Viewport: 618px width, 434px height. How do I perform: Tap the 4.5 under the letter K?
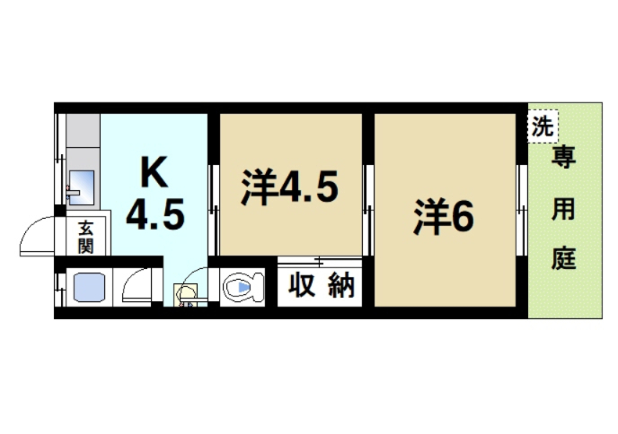click(155, 215)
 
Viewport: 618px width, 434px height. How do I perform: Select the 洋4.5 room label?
click(288, 188)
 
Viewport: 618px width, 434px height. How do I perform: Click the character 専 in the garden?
click(563, 160)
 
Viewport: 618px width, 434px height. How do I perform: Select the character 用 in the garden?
click(563, 210)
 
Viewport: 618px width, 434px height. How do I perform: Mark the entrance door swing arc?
click(40, 235)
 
